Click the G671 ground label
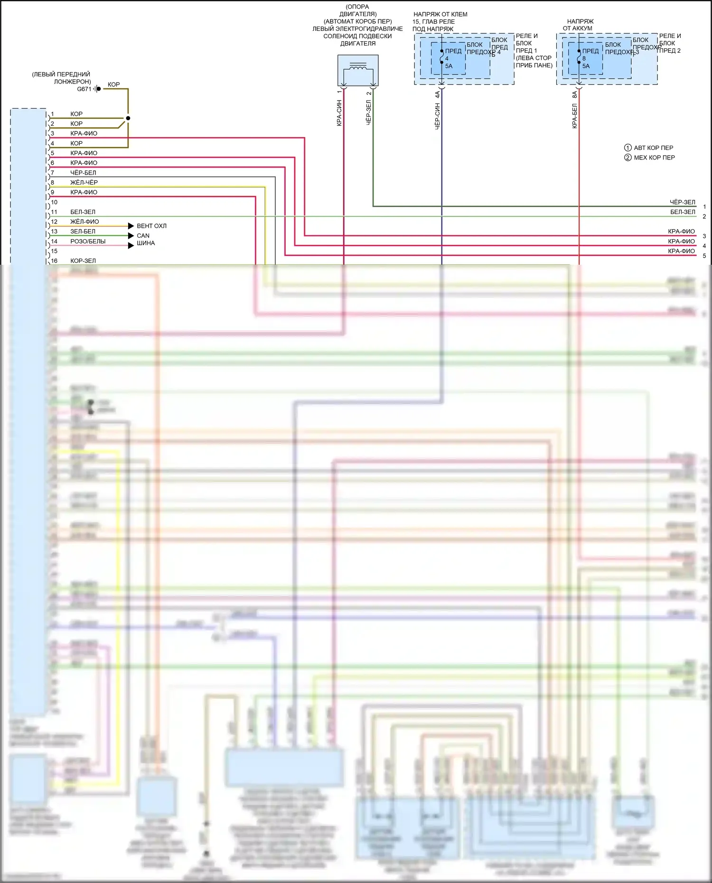84,89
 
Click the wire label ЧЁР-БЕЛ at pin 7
83,173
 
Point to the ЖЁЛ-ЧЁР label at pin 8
84,182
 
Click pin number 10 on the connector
54,202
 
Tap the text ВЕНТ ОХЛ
151,226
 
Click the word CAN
143,236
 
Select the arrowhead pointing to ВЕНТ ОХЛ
131,226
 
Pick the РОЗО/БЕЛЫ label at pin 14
88,242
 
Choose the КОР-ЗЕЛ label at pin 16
83,261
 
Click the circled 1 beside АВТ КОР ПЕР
628,148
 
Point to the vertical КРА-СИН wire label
339,113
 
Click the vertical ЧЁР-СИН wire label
437,116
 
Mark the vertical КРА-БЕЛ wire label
574,116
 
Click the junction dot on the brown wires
128,118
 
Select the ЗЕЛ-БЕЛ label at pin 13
83,232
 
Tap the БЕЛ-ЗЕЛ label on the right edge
683,212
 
